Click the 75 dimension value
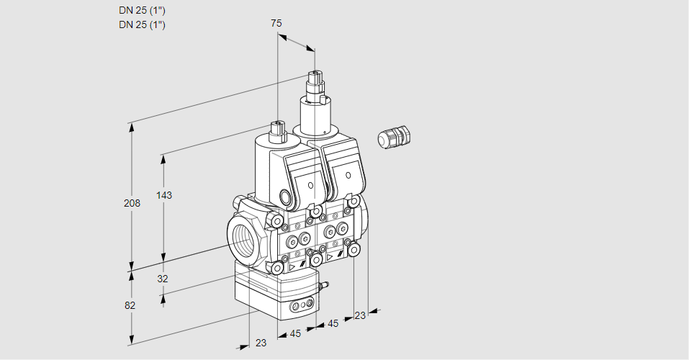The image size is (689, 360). pyautogui.click(x=276, y=23)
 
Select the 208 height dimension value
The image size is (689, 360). pyautogui.click(x=131, y=203)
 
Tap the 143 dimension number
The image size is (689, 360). pyautogui.click(x=165, y=195)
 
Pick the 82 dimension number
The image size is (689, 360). pyautogui.click(x=130, y=305)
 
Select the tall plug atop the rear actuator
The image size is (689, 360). pyautogui.click(x=315, y=89)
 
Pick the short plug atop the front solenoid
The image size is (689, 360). pyautogui.click(x=277, y=132)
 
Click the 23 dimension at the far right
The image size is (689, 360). pyautogui.click(x=360, y=315)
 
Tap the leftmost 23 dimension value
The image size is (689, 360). pyautogui.click(x=261, y=343)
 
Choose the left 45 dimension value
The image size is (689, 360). pyautogui.click(x=294, y=333)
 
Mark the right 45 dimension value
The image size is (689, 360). pyautogui.click(x=333, y=324)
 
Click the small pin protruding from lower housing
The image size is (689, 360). pyautogui.click(x=323, y=287)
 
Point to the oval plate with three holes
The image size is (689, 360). pyautogui.click(x=301, y=307)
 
